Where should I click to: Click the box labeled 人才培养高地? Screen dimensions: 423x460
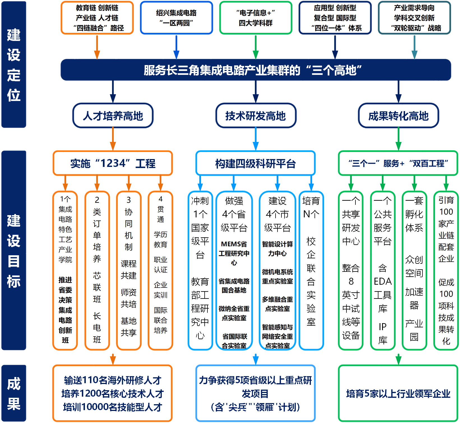coord(113,116)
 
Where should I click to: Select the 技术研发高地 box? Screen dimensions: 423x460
coord(256,116)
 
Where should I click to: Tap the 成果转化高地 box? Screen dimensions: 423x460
coord(398,116)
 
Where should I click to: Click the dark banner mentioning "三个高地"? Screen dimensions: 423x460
coord(256,70)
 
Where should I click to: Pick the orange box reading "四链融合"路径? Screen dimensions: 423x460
coord(97,18)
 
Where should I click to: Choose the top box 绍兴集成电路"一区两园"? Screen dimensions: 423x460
coord(176,18)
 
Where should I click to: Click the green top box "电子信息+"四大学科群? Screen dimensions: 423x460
coord(256,18)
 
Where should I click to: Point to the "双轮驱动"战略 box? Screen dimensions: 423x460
coord(414,18)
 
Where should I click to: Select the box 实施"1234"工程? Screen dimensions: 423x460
coord(113,163)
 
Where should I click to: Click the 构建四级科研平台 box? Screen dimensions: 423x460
coord(256,163)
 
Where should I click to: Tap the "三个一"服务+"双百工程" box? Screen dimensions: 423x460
coord(398,163)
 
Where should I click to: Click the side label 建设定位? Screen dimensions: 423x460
coord(14,65)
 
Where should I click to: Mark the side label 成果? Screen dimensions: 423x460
coord(14,393)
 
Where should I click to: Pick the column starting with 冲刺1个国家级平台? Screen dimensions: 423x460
coord(200,270)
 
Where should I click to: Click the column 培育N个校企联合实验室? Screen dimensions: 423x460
coord(311,270)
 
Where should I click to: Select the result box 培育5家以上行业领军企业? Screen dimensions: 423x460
coord(398,394)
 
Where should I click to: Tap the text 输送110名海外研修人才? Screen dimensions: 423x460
coord(113,380)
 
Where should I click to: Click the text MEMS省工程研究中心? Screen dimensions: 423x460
coord(234,253)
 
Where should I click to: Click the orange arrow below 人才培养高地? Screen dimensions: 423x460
coord(113,139)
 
